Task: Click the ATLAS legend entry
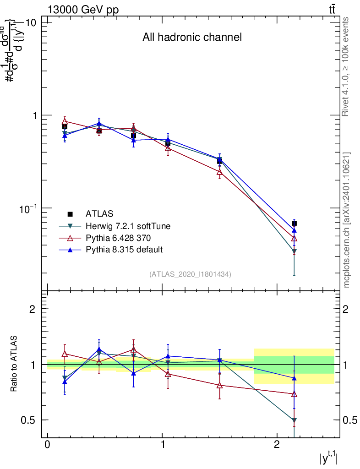[x=99, y=213]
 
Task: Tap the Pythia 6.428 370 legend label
[x=119, y=238]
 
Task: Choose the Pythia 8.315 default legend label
[x=124, y=250]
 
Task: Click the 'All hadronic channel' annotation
[x=192, y=37]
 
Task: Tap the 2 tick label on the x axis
[x=277, y=445]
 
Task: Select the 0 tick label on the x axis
[x=48, y=445]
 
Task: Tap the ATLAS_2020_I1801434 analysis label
[x=190, y=274]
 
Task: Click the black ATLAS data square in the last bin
[x=294, y=223]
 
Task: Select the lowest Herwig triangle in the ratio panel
[x=294, y=420]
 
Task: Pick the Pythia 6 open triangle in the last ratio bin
[x=294, y=394]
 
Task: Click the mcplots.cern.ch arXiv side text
[x=347, y=220]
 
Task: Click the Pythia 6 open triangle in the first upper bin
[x=65, y=121]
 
